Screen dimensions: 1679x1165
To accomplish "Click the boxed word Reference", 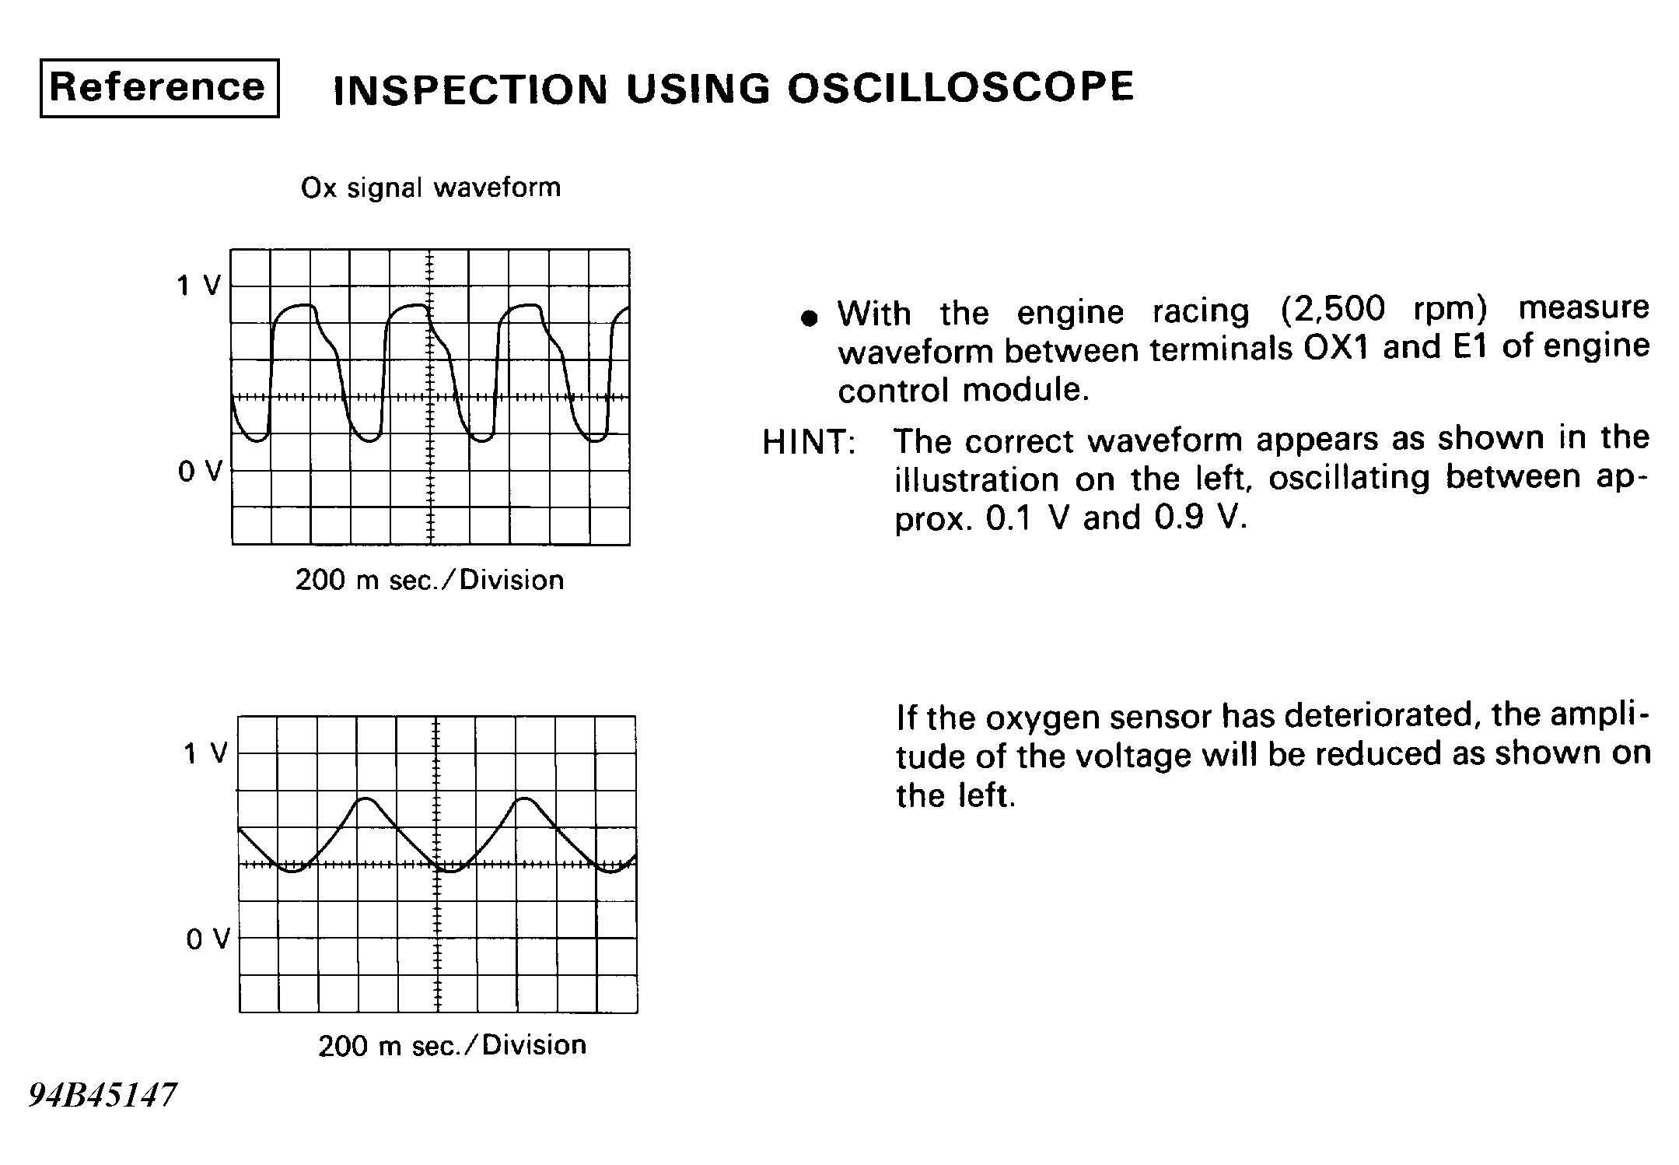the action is pyautogui.click(x=159, y=87).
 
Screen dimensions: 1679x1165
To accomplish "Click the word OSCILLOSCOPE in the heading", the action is pyautogui.click(x=960, y=87).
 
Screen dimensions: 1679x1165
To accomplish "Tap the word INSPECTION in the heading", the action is pyautogui.click(x=470, y=89).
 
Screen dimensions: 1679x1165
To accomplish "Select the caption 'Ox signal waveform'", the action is pyautogui.click(x=431, y=188).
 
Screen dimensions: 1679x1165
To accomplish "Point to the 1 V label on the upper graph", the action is pyautogui.click(x=199, y=286).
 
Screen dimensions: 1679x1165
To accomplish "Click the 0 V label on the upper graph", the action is pyautogui.click(x=200, y=471).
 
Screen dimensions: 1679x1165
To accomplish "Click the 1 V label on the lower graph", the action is pyautogui.click(x=206, y=753).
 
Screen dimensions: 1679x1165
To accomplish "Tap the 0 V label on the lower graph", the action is pyautogui.click(x=208, y=939).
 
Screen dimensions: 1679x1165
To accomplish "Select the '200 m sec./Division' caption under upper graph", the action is pyautogui.click(x=429, y=580).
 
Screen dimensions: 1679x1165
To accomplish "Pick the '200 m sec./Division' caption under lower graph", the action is pyautogui.click(x=452, y=1045).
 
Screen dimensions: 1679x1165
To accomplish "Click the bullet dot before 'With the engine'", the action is pyautogui.click(x=810, y=318).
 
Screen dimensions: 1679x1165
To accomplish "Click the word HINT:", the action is pyautogui.click(x=809, y=442).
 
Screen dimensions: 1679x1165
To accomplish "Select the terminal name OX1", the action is pyautogui.click(x=1334, y=348).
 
